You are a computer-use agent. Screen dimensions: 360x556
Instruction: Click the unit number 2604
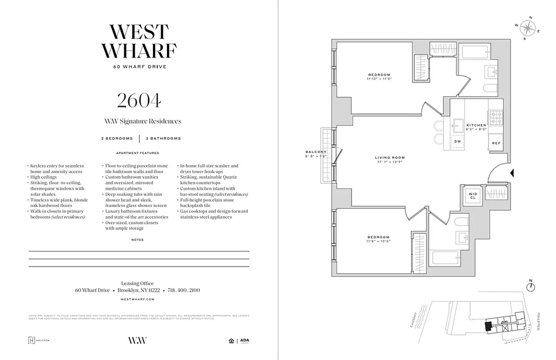[139, 101]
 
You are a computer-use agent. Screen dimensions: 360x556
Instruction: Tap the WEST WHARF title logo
[139, 41]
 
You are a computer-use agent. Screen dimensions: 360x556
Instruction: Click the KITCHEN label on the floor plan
[476, 125]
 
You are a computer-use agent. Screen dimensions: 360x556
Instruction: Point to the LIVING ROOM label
[390, 157]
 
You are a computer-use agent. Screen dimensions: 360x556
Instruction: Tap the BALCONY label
[315, 152]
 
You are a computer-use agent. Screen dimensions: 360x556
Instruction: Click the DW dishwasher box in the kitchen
[458, 141]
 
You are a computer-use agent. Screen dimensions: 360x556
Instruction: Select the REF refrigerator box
[496, 143]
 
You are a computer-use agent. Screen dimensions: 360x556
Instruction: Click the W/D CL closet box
[473, 196]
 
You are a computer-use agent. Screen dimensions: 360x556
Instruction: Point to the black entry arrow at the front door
[512, 173]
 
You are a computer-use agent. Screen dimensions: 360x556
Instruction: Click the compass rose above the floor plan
[527, 28]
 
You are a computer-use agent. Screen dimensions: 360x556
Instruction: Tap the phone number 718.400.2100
[184, 290]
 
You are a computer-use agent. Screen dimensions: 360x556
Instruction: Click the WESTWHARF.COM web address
[138, 299]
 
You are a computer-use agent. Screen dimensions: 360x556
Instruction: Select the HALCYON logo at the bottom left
[39, 340]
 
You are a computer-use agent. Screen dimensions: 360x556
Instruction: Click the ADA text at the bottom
[244, 340]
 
